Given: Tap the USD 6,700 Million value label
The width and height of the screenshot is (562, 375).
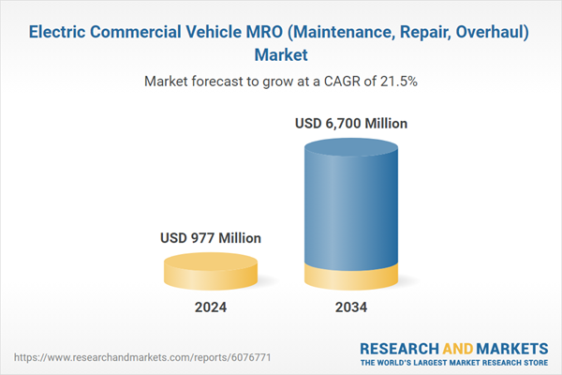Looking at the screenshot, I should coord(351,123).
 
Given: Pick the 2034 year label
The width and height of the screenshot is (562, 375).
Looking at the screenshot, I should coord(351,307).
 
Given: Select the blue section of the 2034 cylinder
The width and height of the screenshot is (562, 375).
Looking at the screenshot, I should coord(351,206).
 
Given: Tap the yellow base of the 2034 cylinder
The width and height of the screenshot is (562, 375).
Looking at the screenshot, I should coord(351,278).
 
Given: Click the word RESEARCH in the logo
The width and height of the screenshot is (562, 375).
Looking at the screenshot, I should coord(399,346).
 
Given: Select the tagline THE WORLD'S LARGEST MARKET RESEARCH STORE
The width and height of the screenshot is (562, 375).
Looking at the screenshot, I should coord(456,362).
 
